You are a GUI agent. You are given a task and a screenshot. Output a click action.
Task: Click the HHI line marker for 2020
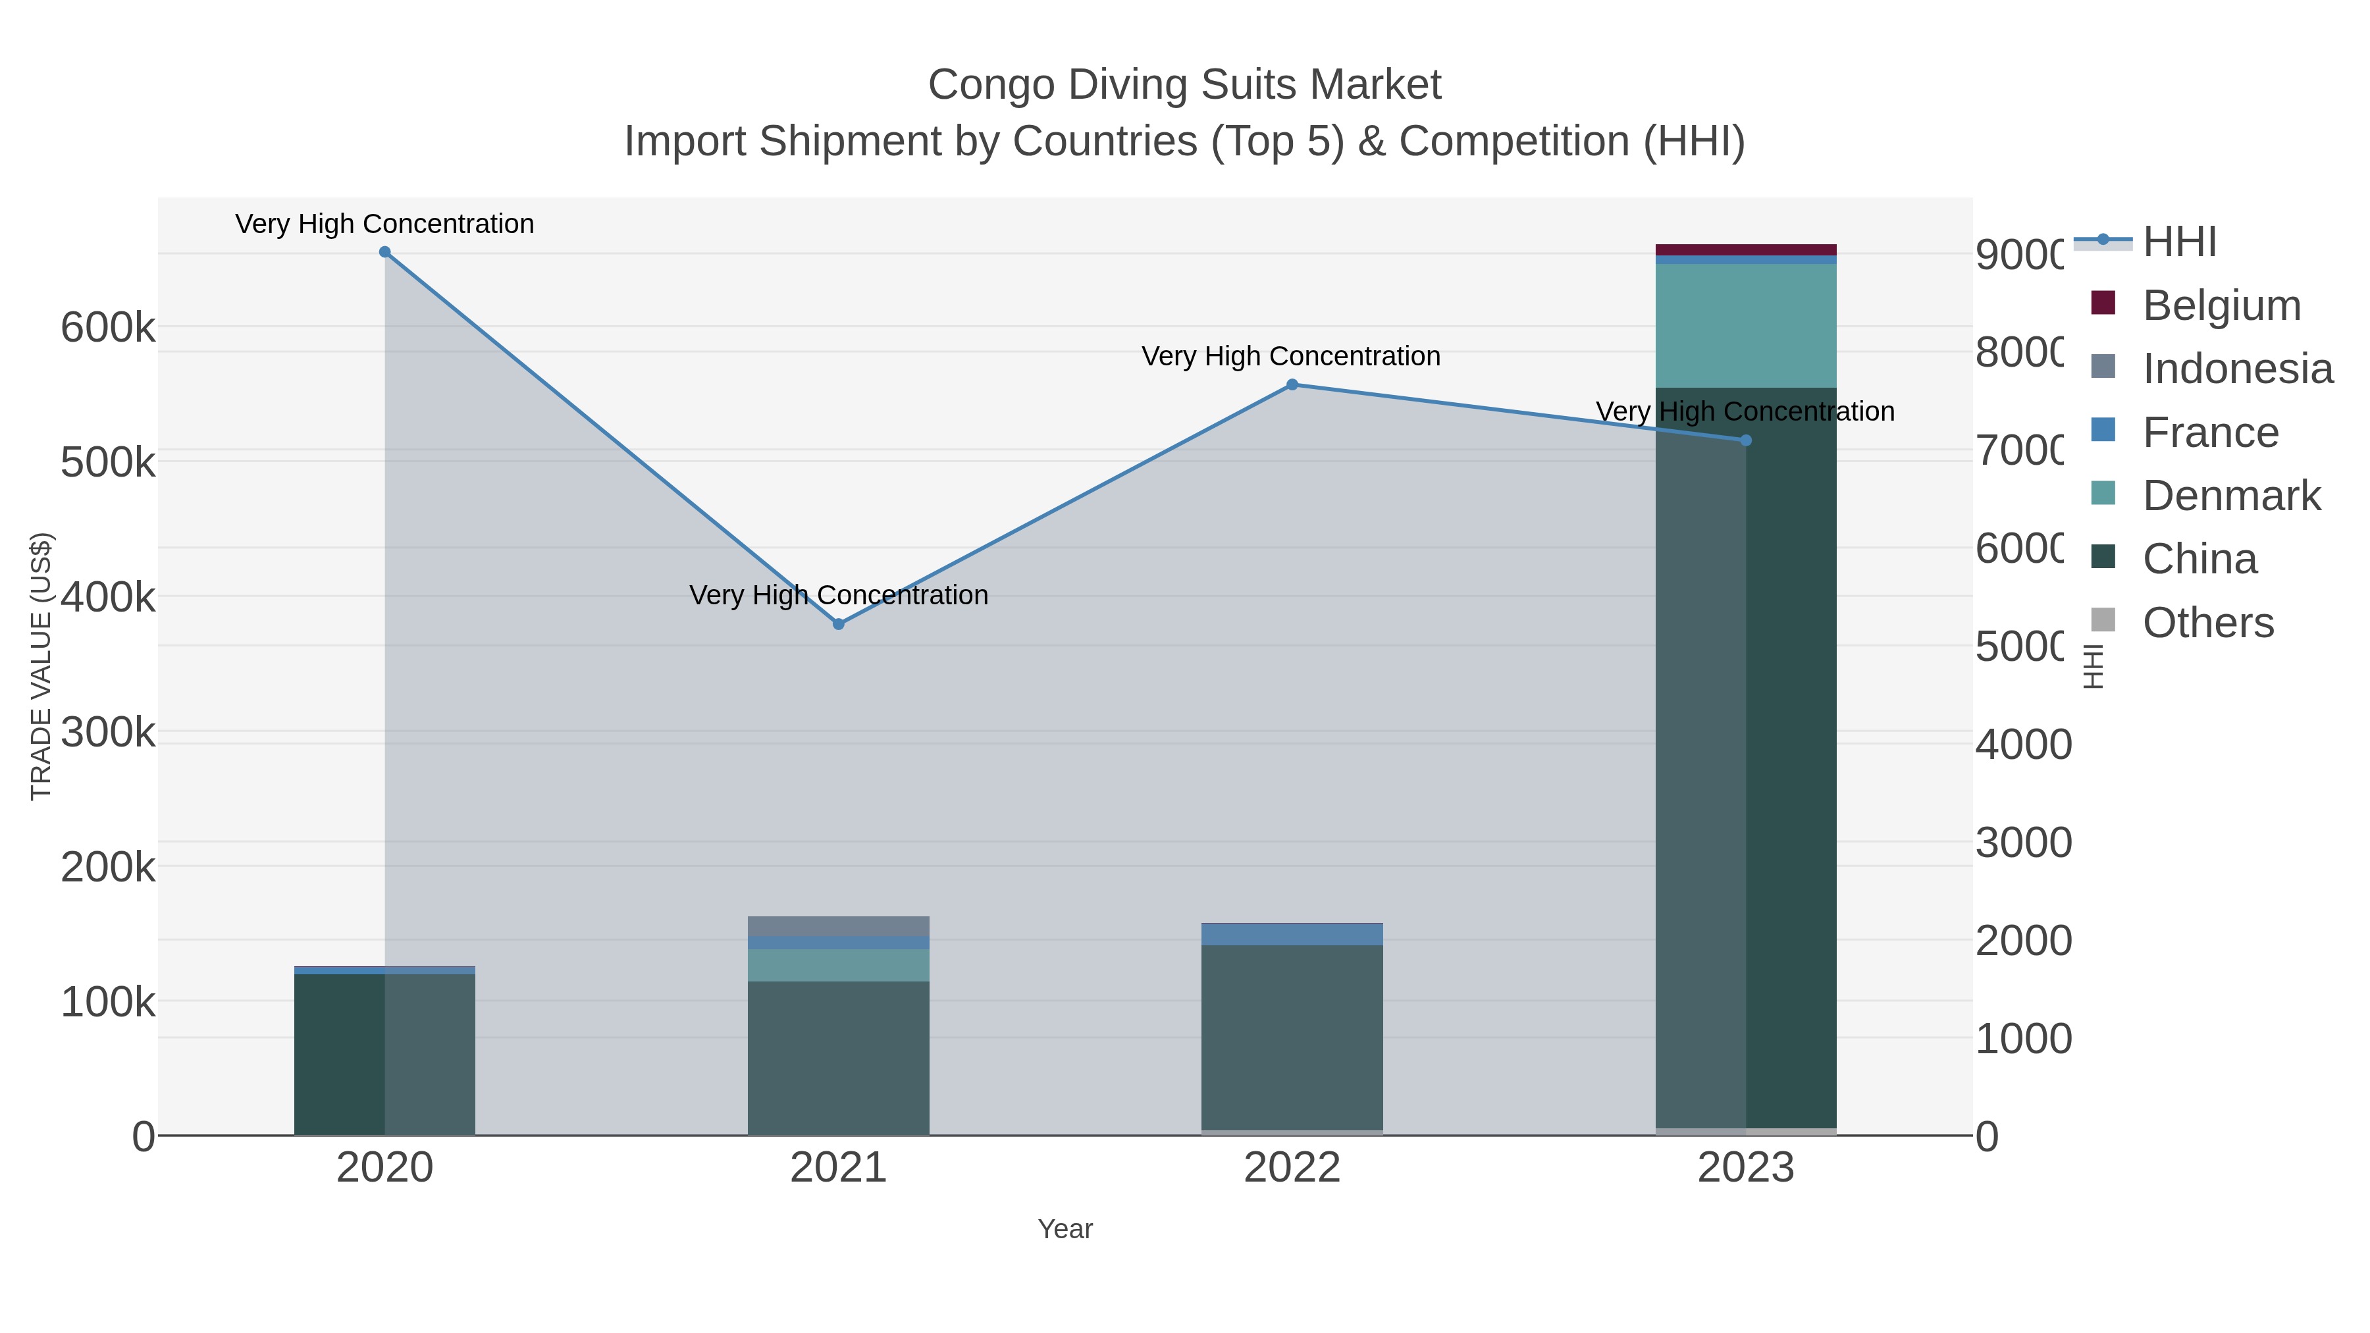coord(384,252)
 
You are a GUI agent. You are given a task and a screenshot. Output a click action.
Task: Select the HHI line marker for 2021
coord(838,624)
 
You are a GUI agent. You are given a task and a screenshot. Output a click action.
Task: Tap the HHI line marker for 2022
coord(1292,384)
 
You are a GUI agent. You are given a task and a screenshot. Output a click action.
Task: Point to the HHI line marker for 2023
coord(1745,440)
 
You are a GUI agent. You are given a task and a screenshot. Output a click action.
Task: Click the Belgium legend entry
coord(2221,305)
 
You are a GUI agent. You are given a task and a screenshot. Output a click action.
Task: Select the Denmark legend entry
coord(2231,495)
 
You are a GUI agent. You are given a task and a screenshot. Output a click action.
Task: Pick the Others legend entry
coord(2207,622)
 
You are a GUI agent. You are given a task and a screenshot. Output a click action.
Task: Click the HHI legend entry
coord(2178,242)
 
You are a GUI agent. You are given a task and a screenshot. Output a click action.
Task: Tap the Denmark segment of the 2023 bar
coord(1745,326)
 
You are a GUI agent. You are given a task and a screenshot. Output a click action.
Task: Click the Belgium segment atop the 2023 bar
coord(1745,249)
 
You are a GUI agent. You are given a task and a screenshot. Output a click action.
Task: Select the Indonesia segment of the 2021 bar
coord(838,926)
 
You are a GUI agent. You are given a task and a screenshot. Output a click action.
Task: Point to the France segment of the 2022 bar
coord(1292,933)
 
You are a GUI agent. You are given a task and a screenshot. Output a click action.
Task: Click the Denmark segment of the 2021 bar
coord(838,965)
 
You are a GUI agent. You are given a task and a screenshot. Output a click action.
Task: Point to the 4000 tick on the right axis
coord(2023,745)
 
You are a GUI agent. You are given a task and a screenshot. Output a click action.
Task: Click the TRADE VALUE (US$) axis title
coord(41,666)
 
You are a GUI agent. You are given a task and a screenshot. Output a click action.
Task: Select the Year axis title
coord(1065,1229)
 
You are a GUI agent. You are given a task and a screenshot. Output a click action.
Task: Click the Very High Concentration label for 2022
coord(1291,356)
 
